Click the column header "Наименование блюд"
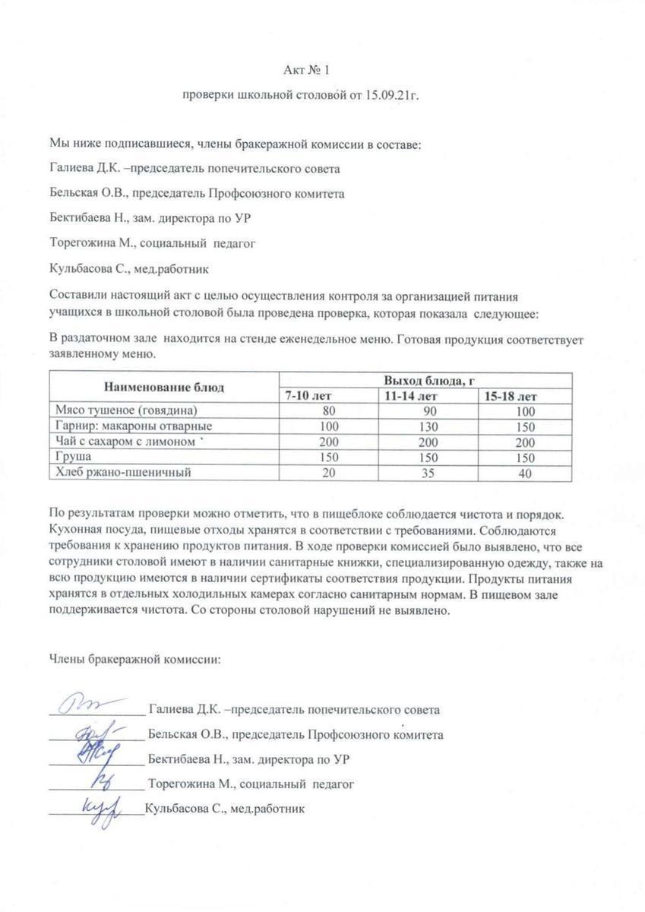click(x=164, y=387)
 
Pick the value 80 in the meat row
click(x=329, y=411)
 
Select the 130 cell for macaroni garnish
click(x=429, y=426)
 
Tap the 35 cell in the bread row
click(x=429, y=473)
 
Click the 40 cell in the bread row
click(x=524, y=473)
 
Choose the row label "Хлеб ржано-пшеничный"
click(x=119, y=472)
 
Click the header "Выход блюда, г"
click(x=429, y=380)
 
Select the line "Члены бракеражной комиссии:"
click(x=135, y=658)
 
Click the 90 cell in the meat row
click(x=429, y=411)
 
